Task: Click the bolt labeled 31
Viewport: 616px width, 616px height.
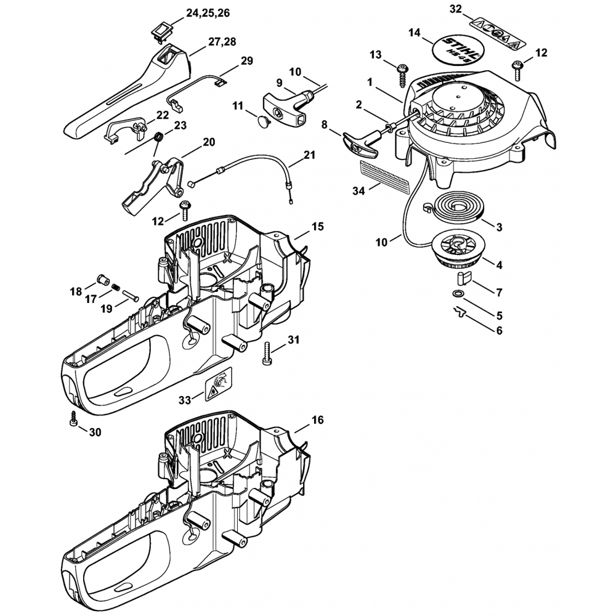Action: [267, 352]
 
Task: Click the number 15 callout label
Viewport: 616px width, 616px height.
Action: [317, 227]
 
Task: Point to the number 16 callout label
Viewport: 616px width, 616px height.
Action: [317, 420]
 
